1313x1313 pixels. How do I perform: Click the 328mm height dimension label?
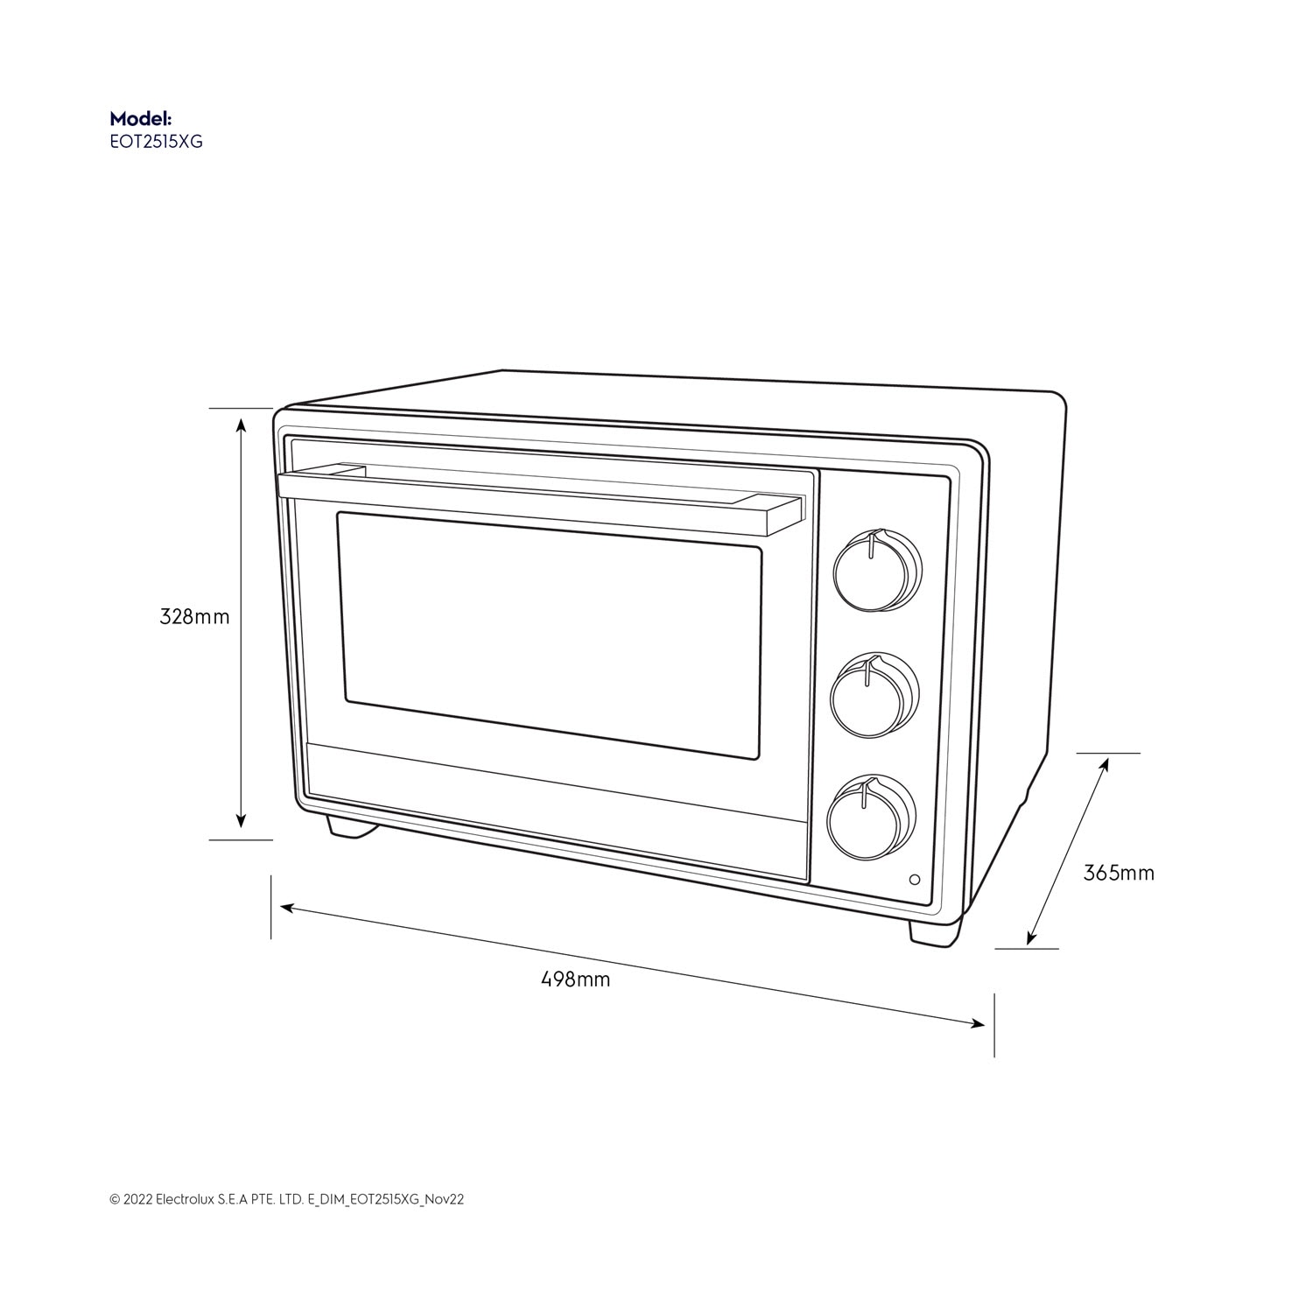[x=194, y=616]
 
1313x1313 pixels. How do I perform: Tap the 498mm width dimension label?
[x=575, y=979]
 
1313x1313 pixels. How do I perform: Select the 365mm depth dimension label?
[x=1119, y=873]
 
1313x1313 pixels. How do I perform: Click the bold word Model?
[x=140, y=118]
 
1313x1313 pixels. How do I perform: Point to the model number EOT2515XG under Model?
[x=156, y=141]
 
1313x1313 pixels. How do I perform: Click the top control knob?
[x=875, y=571]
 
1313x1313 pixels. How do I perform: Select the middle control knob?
[x=873, y=694]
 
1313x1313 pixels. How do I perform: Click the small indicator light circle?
[x=915, y=880]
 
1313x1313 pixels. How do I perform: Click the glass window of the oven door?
[x=550, y=635]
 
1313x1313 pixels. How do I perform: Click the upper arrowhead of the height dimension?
[x=242, y=425]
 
